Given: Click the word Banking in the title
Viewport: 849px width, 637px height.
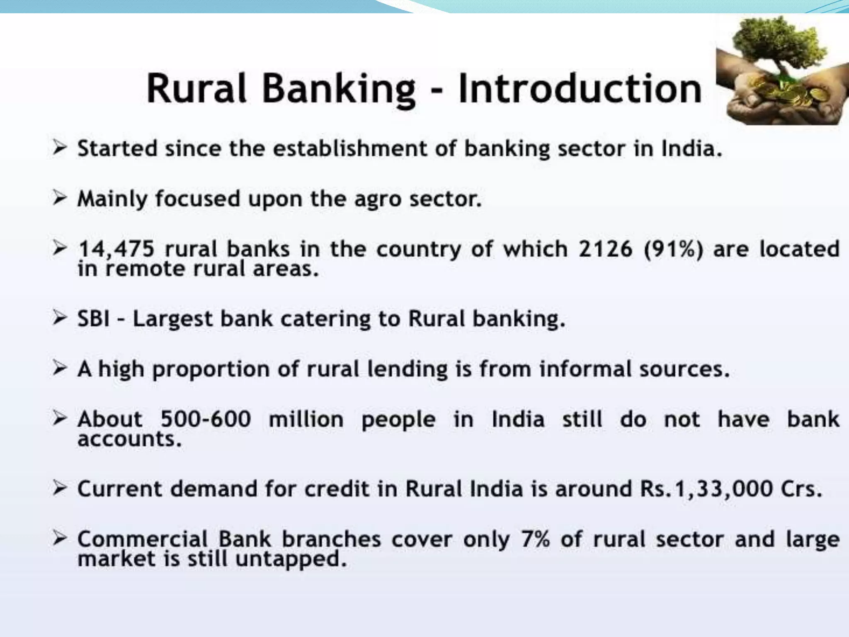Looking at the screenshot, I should pos(338,89).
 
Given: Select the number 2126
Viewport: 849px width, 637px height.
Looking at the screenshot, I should pos(605,249).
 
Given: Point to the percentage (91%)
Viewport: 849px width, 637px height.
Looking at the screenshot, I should pos(673,249).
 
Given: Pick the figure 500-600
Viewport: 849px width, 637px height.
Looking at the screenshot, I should pos(206,419).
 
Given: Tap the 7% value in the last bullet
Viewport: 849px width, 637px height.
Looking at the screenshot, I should pos(535,539).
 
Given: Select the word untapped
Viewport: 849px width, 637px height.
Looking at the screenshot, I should pos(291,559).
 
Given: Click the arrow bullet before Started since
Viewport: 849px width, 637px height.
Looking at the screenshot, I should pos(60,148).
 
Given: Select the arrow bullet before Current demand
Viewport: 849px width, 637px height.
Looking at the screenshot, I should pos(60,488).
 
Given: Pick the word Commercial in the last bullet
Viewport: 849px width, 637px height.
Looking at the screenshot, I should pos(143,539).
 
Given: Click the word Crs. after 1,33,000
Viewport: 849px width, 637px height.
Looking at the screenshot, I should pos(801,489).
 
